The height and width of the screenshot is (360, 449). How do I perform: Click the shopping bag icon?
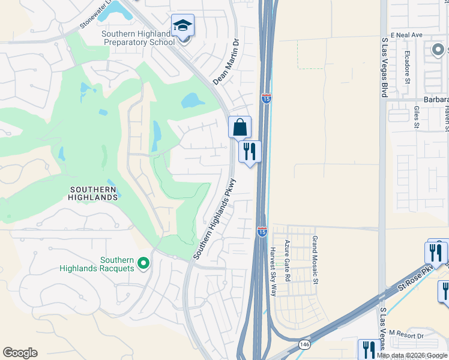[x=240, y=127]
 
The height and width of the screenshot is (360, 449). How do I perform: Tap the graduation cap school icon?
[x=182, y=25]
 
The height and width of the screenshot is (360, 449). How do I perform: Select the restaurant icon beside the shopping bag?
[x=250, y=151]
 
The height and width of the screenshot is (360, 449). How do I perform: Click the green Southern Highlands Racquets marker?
[x=143, y=263]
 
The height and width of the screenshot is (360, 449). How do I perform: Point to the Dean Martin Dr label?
[x=226, y=61]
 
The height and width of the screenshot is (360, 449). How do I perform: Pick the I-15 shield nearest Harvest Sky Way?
[x=262, y=232]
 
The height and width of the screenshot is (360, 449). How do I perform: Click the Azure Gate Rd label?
[x=288, y=261]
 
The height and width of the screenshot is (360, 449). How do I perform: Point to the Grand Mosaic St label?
[x=313, y=251]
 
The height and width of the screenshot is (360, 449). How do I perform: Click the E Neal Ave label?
[x=406, y=35]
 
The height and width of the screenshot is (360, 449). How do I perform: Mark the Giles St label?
[x=416, y=118]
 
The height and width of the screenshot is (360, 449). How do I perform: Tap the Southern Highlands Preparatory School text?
[x=139, y=38]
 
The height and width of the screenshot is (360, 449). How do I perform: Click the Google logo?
[x=20, y=353]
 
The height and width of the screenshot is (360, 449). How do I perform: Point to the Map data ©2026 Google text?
[x=412, y=355]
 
